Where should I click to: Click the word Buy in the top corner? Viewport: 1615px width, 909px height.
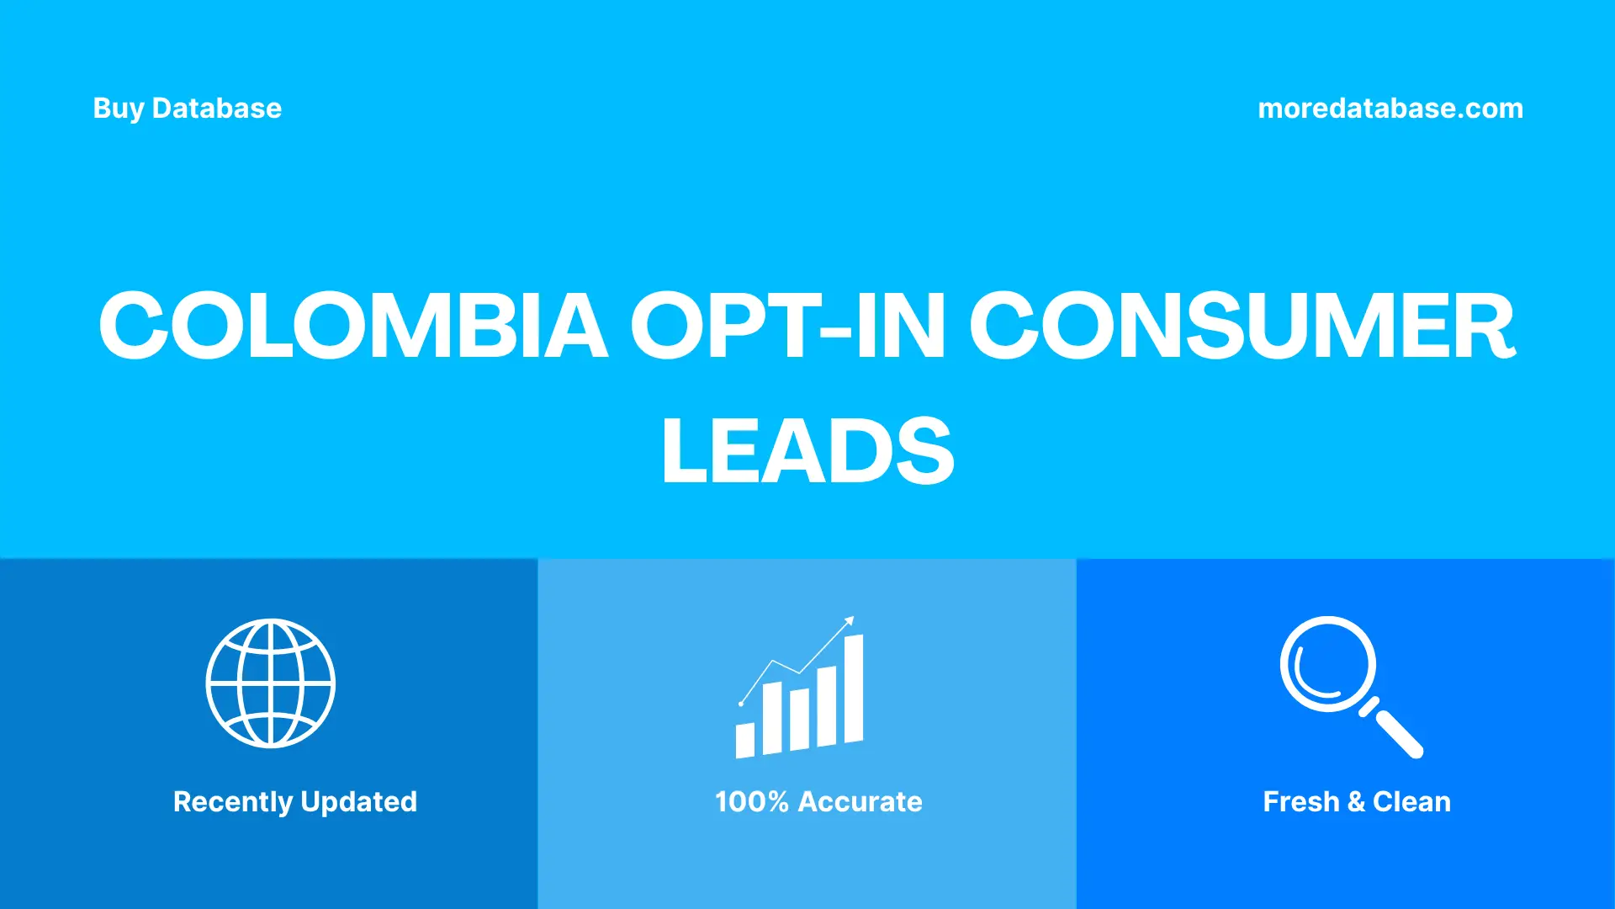[x=119, y=109]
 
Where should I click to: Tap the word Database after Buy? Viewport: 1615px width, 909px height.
[x=217, y=109]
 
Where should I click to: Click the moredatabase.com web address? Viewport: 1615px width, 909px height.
[x=1390, y=109]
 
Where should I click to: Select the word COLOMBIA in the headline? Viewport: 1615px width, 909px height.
[x=353, y=327]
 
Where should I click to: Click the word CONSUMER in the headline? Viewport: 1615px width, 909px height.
[x=1242, y=327]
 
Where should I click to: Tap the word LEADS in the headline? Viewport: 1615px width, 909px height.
[x=807, y=451]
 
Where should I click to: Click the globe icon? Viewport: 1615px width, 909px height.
[x=271, y=683]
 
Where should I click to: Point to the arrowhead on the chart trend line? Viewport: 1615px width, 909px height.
[x=850, y=621]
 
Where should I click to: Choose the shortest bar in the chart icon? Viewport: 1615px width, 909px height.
[x=745, y=740]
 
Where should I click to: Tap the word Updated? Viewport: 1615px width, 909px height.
[x=358, y=802]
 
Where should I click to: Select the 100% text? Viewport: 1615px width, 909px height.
[x=751, y=802]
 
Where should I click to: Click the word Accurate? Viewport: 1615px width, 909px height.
[x=860, y=802]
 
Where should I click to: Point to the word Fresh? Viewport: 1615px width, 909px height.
[x=1300, y=802]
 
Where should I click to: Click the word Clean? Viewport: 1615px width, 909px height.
[x=1411, y=802]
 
